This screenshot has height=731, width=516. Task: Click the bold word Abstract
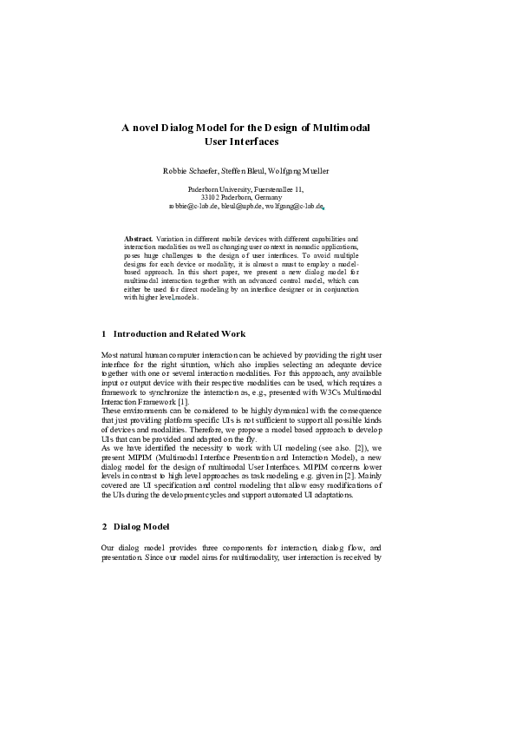(x=139, y=237)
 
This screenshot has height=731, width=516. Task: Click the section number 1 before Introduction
(x=104, y=333)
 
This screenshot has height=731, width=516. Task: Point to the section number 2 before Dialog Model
(x=104, y=527)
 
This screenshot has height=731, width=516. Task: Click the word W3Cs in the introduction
(x=338, y=392)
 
